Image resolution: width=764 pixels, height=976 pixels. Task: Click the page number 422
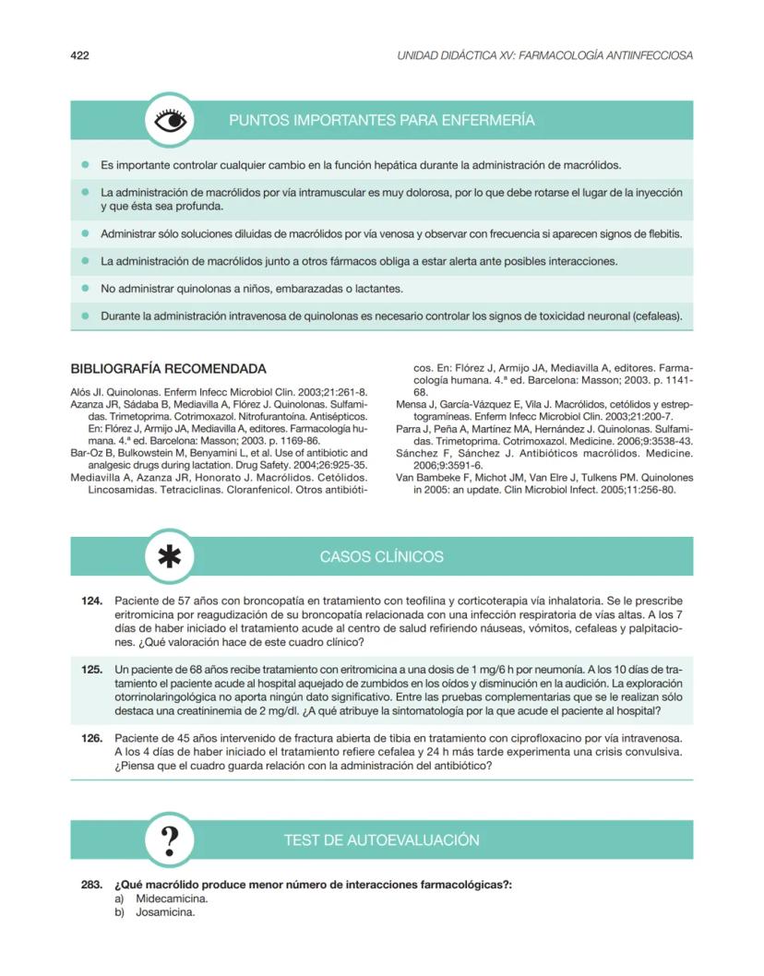click(x=79, y=55)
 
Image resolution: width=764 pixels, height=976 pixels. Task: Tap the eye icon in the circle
click(x=171, y=121)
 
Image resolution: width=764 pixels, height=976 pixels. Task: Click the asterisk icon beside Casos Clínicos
click(x=171, y=557)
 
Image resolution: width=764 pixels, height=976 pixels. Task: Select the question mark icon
click(x=171, y=840)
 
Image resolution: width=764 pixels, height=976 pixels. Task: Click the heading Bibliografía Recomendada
click(x=169, y=369)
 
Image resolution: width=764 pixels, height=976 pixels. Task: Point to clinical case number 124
click(x=90, y=601)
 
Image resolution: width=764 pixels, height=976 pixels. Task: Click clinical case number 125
click(x=90, y=668)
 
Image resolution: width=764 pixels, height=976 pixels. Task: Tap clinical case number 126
click(x=90, y=739)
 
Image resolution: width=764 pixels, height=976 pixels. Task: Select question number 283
click(x=90, y=885)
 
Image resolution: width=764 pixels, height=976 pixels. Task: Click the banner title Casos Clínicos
click(x=381, y=557)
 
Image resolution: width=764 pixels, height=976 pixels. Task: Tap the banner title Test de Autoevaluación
click(x=381, y=840)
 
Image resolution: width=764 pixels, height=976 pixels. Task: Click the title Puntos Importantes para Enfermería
click(x=381, y=121)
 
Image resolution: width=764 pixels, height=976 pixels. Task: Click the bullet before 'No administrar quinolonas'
click(x=84, y=289)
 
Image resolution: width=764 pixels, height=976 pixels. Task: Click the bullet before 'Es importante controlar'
click(x=84, y=166)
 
